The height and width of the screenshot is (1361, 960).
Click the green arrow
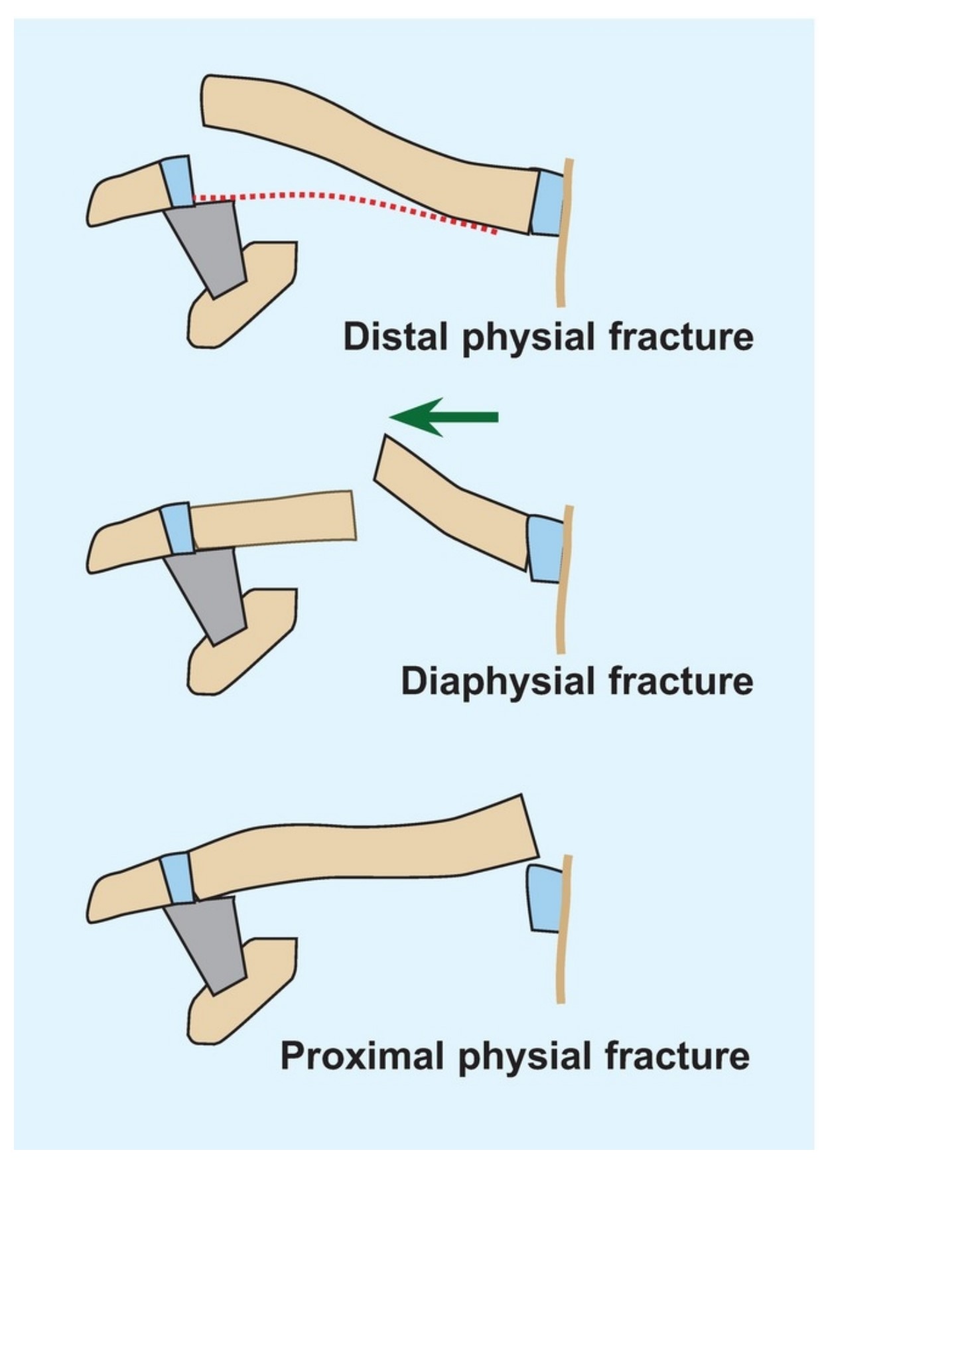(x=443, y=417)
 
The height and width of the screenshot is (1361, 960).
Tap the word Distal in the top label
(x=395, y=337)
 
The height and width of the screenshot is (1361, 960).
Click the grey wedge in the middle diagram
(x=206, y=595)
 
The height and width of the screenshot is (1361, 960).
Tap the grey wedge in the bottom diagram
(x=206, y=945)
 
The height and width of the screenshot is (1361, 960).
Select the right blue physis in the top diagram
(x=547, y=202)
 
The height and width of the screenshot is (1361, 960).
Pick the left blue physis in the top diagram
(x=177, y=181)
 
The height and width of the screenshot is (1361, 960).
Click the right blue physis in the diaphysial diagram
(x=546, y=549)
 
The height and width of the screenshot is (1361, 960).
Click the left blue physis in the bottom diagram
(x=177, y=878)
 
